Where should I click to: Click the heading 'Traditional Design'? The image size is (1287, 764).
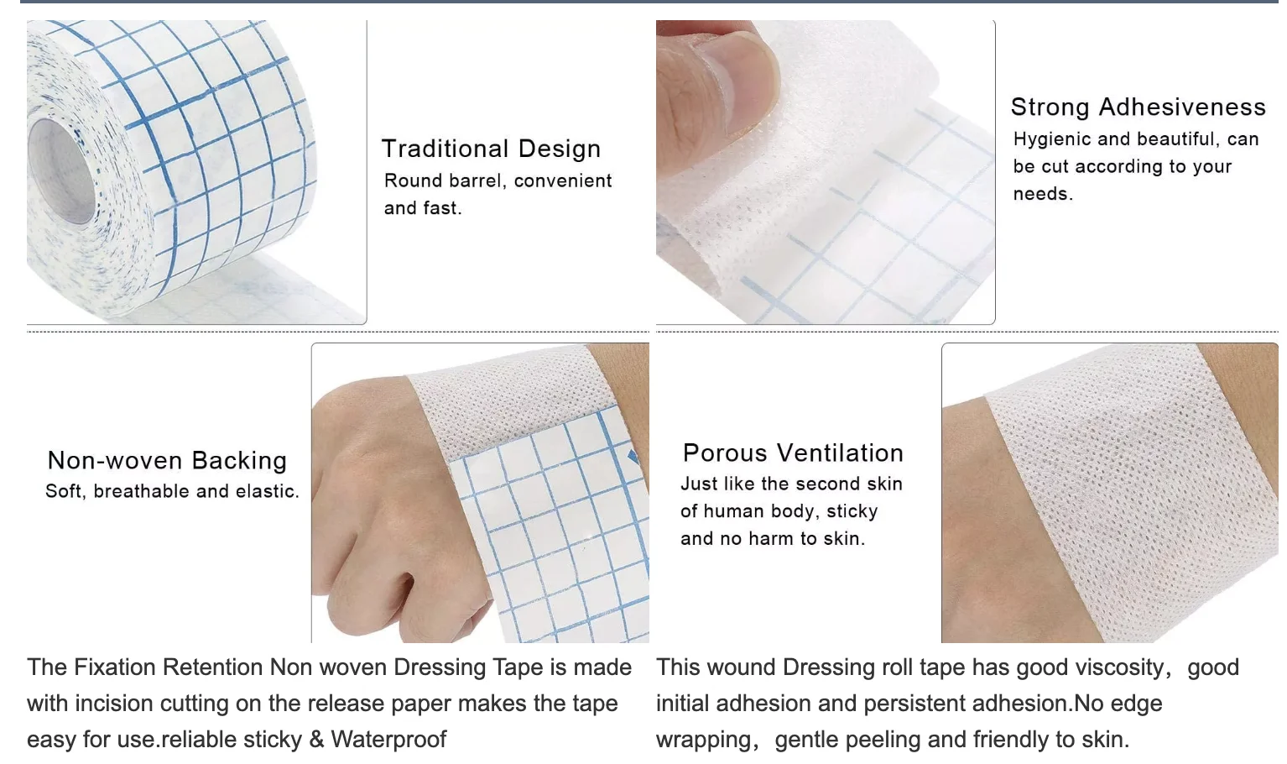pyautogui.click(x=491, y=149)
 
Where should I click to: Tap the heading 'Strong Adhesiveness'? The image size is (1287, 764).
pyautogui.click(x=1138, y=107)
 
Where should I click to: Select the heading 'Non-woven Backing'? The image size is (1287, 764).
pyautogui.click(x=167, y=460)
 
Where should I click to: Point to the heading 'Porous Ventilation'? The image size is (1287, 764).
pyautogui.click(x=793, y=453)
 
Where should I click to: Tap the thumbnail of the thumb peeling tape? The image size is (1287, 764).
pyautogui.click(x=825, y=172)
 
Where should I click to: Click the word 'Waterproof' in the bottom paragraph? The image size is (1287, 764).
pyautogui.click(x=388, y=739)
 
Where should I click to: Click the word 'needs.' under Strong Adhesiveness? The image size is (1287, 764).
pyautogui.click(x=1043, y=194)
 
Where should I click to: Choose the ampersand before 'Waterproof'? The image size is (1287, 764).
pyautogui.click(x=316, y=739)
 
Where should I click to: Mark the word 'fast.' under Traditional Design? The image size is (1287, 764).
pyautogui.click(x=442, y=208)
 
